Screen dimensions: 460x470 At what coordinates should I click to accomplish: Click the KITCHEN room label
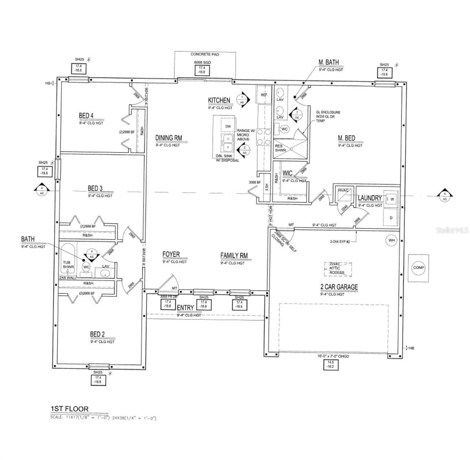point(219,100)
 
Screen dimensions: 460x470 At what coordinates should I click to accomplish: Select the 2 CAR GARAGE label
point(339,287)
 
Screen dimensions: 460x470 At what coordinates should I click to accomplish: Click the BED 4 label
point(86,115)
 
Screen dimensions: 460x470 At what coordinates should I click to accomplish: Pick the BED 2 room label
point(97,334)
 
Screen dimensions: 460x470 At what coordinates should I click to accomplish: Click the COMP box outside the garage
point(418,268)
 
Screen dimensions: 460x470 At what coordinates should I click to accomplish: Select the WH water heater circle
point(391,240)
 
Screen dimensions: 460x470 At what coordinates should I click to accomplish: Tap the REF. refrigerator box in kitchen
point(264,95)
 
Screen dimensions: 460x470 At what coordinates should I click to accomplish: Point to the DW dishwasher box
point(228,126)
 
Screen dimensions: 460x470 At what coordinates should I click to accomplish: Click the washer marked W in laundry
point(392,200)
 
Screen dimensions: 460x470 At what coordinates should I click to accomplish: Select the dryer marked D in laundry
point(391,217)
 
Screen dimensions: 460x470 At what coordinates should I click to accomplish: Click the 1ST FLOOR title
point(69,409)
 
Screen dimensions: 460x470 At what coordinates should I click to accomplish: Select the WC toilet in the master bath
point(284,129)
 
